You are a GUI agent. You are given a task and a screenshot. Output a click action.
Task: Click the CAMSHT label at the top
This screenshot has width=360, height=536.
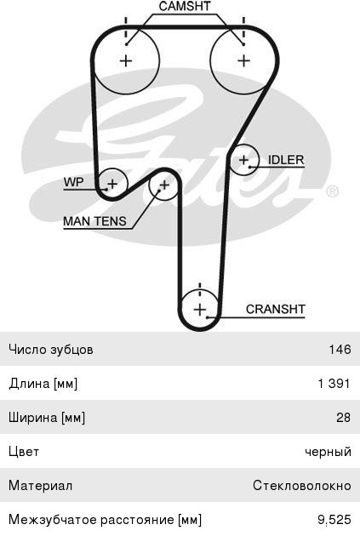pos(185,6)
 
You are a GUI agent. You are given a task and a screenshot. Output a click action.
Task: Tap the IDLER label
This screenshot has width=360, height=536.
pos(286,160)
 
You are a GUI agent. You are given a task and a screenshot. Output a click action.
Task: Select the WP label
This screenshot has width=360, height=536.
pos(73,182)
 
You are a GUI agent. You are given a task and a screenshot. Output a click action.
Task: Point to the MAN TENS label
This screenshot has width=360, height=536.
pos(94,221)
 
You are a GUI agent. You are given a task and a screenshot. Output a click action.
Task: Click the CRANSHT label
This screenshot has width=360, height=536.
pos(275,309)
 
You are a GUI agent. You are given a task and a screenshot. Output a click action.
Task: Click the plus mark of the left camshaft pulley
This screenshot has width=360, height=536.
pos(126,61)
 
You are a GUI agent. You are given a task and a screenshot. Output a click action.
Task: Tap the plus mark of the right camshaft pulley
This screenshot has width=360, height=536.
pos(243,61)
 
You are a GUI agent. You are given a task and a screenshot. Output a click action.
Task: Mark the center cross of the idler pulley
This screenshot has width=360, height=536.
pos(243,160)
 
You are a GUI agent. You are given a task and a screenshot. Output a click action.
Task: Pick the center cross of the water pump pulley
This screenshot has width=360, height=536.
pos(112,185)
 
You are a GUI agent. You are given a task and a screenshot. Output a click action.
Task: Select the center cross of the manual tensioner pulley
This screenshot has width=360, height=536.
pos(164,185)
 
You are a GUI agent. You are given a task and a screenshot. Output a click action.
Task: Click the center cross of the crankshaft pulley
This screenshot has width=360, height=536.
pos(200,310)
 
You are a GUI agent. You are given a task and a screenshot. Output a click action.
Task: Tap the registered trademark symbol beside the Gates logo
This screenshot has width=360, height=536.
pos(332,191)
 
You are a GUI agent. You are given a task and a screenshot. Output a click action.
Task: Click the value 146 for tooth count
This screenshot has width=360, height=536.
pos(340,350)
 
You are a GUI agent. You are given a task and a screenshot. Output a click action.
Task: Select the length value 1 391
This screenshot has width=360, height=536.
pos(334,384)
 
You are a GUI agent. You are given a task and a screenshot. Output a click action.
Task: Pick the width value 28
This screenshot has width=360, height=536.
pos(343,418)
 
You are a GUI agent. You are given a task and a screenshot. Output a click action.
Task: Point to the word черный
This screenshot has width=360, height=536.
pos(329,452)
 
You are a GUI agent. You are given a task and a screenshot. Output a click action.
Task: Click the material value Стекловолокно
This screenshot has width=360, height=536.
pos(302,486)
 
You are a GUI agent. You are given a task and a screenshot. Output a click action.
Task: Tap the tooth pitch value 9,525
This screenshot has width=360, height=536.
pos(334,520)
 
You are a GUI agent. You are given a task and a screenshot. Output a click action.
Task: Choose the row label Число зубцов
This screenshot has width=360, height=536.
pos(51,350)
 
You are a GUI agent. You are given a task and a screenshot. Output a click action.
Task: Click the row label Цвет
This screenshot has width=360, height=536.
pos(24,452)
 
